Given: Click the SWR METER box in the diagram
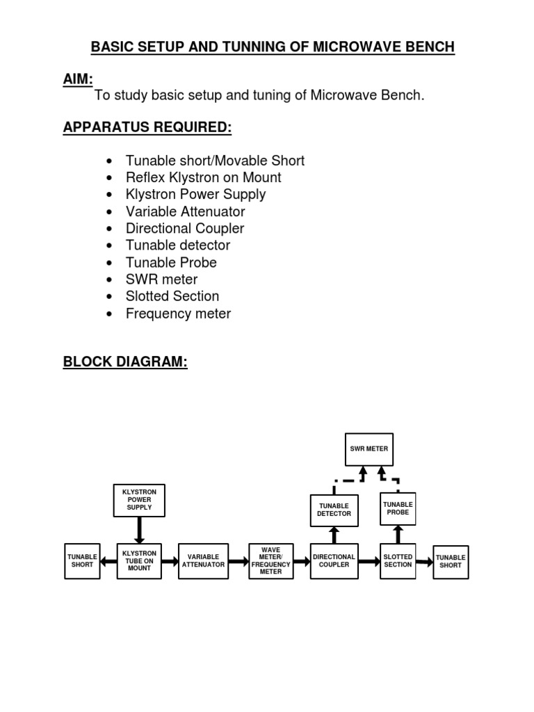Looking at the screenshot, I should coord(369,449).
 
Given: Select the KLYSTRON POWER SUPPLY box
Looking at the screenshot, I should coord(139,500).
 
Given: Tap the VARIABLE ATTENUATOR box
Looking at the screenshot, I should coord(203,561).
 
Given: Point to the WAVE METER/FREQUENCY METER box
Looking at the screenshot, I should coord(271,561).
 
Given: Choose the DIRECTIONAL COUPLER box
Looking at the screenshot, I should coord(334,561).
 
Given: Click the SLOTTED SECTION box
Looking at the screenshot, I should coord(398,561).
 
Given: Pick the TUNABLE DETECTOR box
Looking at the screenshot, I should coord(334,510).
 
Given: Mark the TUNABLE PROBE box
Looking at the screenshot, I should coord(398,508).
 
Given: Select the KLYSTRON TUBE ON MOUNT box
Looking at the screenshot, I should coord(139,561).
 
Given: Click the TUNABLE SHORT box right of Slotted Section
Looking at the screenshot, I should coord(451,562).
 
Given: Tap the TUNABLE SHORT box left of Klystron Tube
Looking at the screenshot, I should coord(81,561).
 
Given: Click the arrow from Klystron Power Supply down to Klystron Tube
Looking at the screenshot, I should coord(139,530).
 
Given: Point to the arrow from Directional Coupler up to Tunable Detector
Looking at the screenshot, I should coord(334,535).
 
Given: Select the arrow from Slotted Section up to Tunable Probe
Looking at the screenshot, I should coord(398,533).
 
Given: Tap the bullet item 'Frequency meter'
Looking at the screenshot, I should coord(178,314).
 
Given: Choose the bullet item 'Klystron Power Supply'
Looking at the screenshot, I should coord(195,195).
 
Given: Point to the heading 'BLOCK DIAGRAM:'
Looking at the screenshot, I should coord(125,362).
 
